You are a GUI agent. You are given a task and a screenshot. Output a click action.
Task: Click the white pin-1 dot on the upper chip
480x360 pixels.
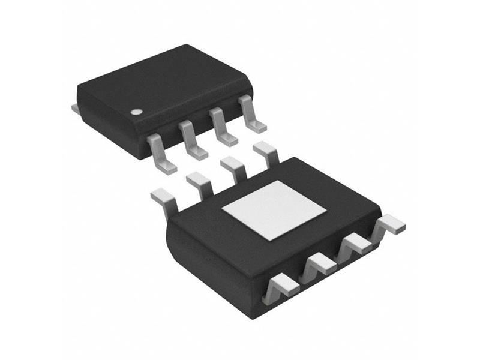[137, 112]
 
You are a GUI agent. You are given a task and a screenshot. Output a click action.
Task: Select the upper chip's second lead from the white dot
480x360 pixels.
[192, 140]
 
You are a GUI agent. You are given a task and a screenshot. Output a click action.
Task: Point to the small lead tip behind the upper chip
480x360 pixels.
[75, 109]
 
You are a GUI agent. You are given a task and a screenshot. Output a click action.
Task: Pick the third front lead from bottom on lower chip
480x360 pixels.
[354, 245]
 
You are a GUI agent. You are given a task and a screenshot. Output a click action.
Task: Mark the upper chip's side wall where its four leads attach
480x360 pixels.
[198, 120]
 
